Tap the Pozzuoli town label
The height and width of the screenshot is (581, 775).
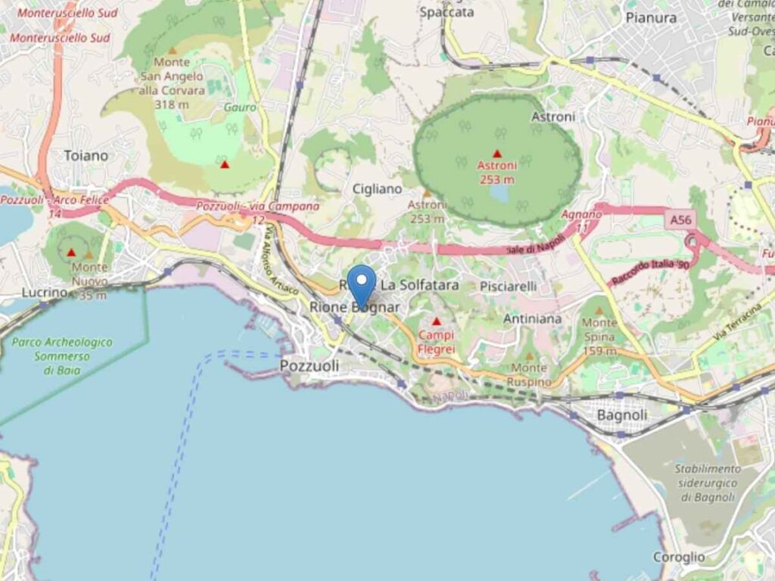[x=309, y=365]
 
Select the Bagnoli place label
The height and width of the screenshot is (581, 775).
[x=622, y=415]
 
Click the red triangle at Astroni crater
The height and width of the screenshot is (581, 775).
[x=497, y=153]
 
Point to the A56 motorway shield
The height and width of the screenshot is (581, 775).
[x=680, y=220]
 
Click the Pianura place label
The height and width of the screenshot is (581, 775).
[x=651, y=17]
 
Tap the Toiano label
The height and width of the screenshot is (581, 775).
[x=86, y=155]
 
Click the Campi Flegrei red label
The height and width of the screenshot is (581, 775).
[x=436, y=341]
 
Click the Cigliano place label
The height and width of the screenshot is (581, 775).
[x=377, y=189]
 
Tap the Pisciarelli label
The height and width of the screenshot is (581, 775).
[x=508, y=286]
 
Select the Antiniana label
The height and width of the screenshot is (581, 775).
[x=532, y=318]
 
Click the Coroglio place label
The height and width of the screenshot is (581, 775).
[x=679, y=557]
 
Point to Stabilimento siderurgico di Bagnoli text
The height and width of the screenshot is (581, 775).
[x=708, y=483]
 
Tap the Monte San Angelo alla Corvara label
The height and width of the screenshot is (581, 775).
[x=172, y=82]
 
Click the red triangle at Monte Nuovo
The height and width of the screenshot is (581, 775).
[x=71, y=252]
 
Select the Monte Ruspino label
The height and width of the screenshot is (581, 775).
[x=529, y=374]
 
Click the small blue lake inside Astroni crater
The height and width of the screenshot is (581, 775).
[x=499, y=193]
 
